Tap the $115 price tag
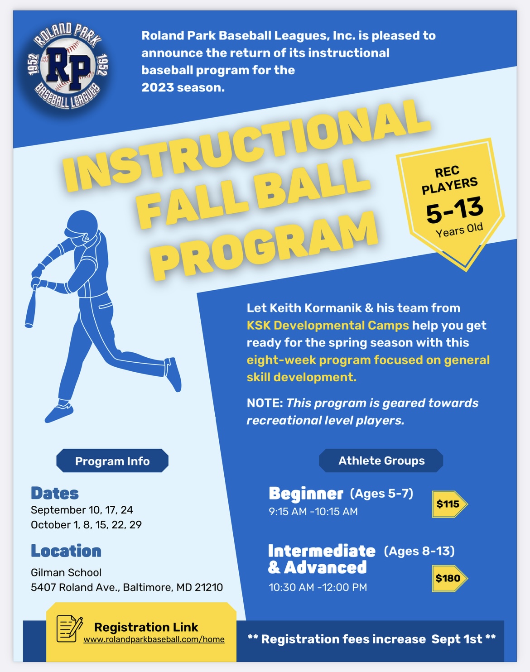point(448,504)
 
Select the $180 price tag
point(448,578)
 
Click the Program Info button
point(112,461)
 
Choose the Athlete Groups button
point(381,461)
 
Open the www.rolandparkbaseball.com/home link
point(154,639)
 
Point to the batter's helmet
point(82,225)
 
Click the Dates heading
point(55,493)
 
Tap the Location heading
point(66,551)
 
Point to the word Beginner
point(306,493)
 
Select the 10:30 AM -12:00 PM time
point(318,587)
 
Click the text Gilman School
point(66,572)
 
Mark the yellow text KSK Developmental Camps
point(328,325)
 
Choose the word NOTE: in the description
point(265,403)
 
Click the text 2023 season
point(183,87)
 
